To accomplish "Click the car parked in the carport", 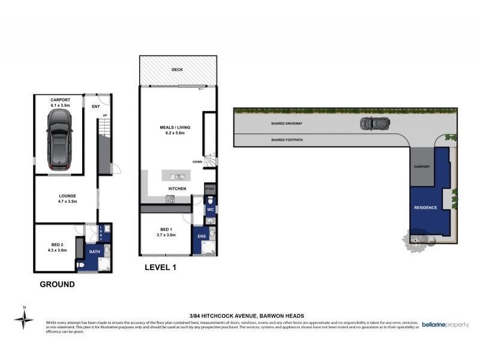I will (x=59, y=139).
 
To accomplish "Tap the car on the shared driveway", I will (x=374, y=124).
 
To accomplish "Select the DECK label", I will (x=176, y=70).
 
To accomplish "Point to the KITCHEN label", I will (x=176, y=189).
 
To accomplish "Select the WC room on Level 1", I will (x=211, y=211).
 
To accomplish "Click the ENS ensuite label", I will (x=202, y=236).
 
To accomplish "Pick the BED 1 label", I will (x=166, y=230).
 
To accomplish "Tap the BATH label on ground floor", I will (x=94, y=252).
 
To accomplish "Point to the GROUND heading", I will (x=57, y=284).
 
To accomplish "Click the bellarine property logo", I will (x=445, y=323).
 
